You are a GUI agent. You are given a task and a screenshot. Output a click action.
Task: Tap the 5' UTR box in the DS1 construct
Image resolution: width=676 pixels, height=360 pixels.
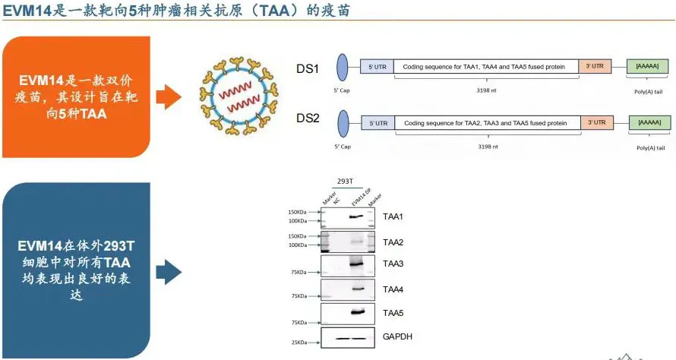tap(377, 67)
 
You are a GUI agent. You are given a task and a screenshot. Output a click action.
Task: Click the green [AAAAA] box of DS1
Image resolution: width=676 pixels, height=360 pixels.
tap(647, 67)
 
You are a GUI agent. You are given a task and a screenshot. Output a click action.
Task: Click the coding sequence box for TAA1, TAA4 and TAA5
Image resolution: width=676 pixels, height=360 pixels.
tap(485, 67)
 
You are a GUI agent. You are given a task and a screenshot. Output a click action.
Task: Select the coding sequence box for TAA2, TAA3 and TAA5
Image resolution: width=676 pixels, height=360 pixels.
tap(487, 122)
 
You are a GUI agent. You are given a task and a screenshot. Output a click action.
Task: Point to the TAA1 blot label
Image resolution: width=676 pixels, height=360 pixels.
tap(393, 218)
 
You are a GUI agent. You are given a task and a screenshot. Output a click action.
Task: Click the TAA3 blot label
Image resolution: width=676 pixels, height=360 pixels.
tap(393, 264)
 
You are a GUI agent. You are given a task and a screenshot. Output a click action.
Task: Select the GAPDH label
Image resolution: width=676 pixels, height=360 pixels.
tap(398, 336)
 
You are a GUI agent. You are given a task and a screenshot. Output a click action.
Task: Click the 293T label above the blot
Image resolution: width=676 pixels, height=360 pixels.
tap(346, 179)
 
